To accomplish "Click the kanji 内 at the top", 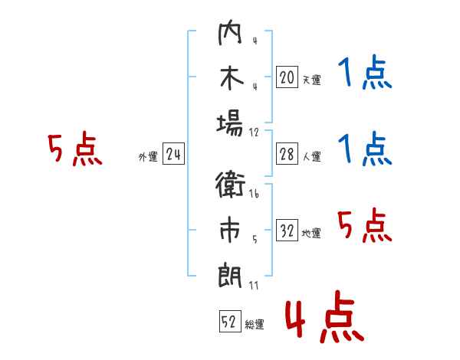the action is (230, 32).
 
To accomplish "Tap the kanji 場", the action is (230, 123).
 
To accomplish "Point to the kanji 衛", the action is (230, 185).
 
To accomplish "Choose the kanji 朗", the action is (230, 276).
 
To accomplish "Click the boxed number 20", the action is (287, 77).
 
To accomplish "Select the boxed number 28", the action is (287, 154).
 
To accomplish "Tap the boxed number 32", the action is (287, 230).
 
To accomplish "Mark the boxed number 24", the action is (173, 154).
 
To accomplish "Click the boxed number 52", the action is (230, 321).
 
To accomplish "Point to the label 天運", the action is (312, 80).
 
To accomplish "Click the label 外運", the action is (148, 156).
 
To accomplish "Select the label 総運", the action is (255, 324).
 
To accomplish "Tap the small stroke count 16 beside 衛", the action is (254, 194).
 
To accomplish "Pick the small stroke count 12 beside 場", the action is (254, 133).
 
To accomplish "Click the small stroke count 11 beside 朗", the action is (254, 285).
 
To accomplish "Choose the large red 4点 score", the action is (324, 316).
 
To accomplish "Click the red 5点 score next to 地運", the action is (365, 225).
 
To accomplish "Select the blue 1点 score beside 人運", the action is (365, 149).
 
